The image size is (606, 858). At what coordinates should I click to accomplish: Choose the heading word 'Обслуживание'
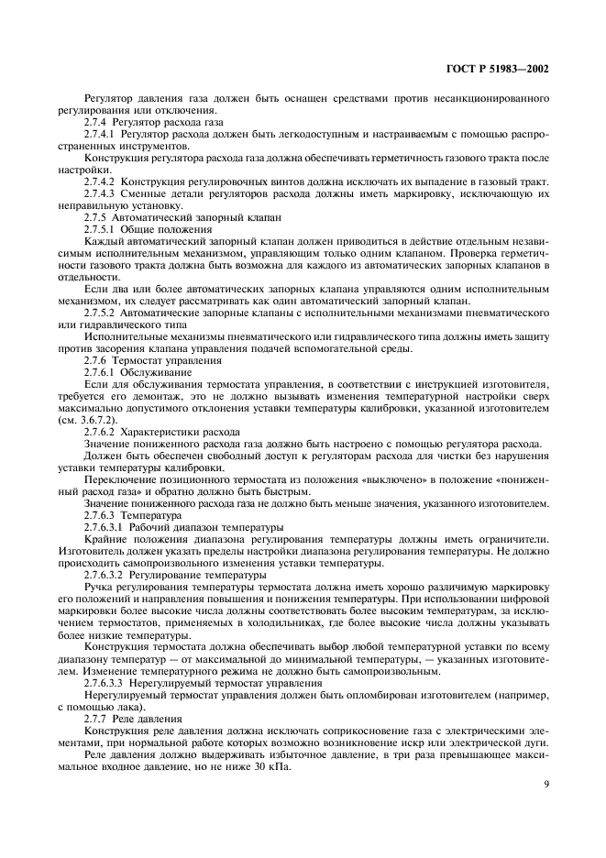[153, 373]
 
